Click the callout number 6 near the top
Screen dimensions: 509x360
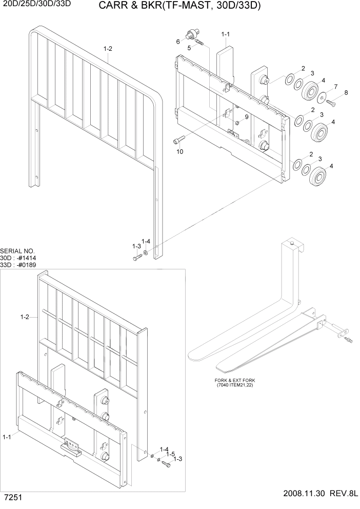(178, 41)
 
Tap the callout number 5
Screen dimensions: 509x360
(189, 48)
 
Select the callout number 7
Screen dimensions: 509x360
(335, 86)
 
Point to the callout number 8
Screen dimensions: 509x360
(346, 93)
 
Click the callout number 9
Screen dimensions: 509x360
(246, 117)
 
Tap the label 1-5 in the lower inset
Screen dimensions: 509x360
(170, 453)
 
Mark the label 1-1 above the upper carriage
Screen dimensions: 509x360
(225, 34)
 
